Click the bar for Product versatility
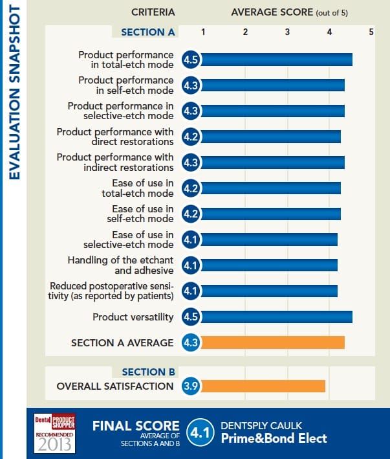[x=277, y=317]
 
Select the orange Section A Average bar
[x=273, y=342]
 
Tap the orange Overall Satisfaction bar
[x=263, y=386]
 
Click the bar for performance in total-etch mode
[x=277, y=60]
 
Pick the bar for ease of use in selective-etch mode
[x=270, y=240]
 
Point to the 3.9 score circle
[x=191, y=386]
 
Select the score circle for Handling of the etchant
[x=191, y=265]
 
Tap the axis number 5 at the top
[x=371, y=31]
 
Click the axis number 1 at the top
[x=203, y=31]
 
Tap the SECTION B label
[x=148, y=372]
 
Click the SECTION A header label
[x=148, y=32]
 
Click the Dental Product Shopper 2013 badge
[x=55, y=433]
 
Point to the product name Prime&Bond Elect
[x=274, y=438]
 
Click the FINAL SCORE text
[x=136, y=425]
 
